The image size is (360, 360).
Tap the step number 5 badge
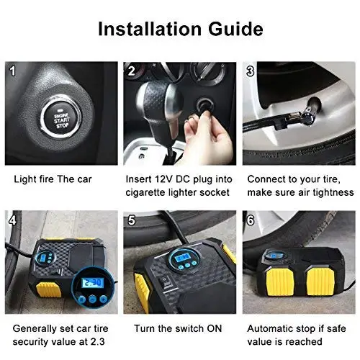131,219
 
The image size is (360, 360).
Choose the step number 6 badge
250,219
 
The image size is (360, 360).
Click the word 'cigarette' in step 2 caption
148,192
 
